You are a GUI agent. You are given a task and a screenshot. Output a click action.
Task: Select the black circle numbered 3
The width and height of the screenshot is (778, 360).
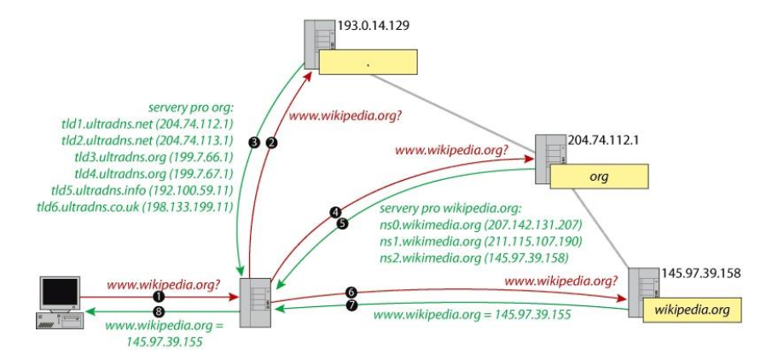pyautogui.click(x=253, y=142)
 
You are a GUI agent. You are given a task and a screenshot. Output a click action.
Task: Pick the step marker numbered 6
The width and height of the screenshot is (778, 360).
pyautogui.click(x=351, y=291)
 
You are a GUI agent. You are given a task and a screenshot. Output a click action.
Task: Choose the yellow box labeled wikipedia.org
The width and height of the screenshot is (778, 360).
pyautogui.click(x=693, y=311)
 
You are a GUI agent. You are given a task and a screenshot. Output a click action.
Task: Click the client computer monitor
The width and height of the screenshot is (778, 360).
pyautogui.click(x=60, y=293)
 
